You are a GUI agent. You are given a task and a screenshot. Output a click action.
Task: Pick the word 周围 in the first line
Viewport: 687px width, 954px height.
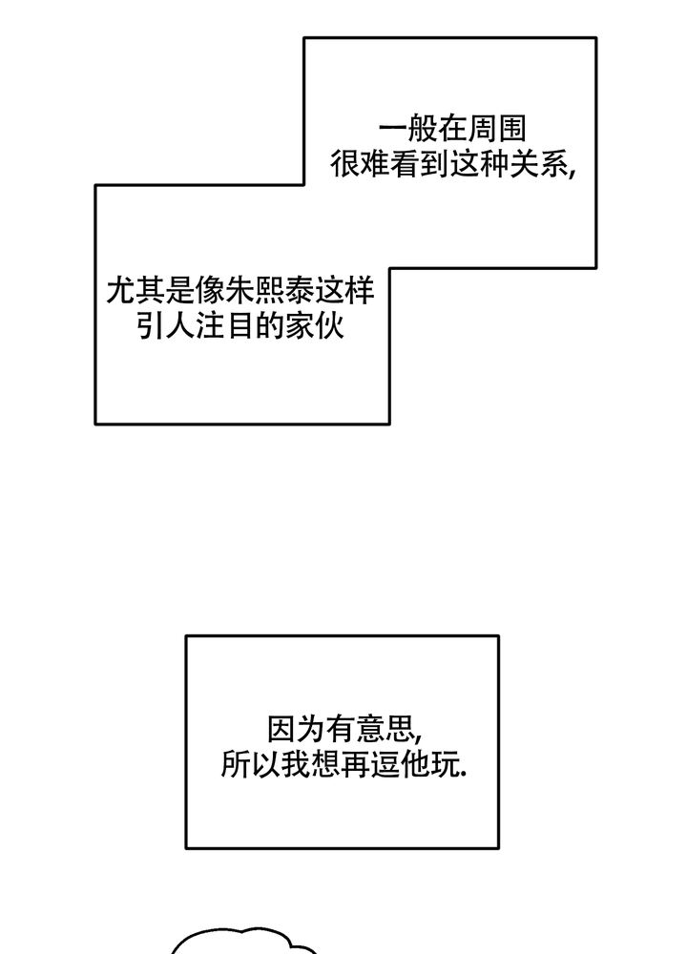click(x=504, y=130)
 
